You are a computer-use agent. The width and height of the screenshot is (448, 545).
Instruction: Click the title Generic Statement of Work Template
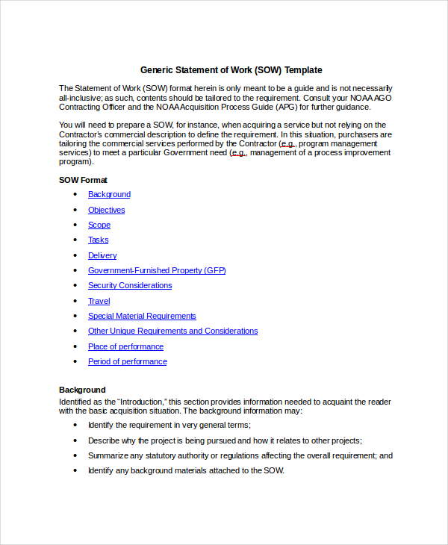pyautogui.click(x=231, y=70)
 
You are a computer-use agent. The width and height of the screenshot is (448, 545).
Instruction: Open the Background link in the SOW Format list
pyautogui.click(x=109, y=194)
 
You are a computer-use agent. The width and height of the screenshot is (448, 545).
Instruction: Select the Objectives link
pyautogui.click(x=106, y=210)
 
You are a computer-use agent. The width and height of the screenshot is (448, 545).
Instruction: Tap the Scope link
pyautogui.click(x=99, y=225)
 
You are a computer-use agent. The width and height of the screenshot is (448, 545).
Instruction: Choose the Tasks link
pyautogui.click(x=98, y=240)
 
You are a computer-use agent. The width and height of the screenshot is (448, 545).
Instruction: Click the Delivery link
pyautogui.click(x=102, y=255)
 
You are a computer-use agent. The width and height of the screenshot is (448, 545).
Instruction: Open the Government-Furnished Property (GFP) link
pyautogui.click(x=157, y=270)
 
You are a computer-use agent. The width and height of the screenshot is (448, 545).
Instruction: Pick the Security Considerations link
pyautogui.click(x=130, y=285)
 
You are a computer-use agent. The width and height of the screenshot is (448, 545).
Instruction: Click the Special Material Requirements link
pyautogui.click(x=142, y=316)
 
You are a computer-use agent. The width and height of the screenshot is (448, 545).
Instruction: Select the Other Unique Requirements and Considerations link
pyautogui.click(x=172, y=331)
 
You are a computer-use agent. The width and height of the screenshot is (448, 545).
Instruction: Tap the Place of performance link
pyautogui.click(x=125, y=346)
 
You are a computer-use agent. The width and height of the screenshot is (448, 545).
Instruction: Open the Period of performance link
pyautogui.click(x=127, y=361)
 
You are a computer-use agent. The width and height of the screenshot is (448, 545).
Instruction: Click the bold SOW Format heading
pyautogui.click(x=83, y=180)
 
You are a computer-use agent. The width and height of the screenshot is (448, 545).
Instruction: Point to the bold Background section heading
pyautogui.click(x=82, y=390)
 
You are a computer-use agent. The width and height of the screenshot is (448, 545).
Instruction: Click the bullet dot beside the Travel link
pyautogui.click(x=75, y=301)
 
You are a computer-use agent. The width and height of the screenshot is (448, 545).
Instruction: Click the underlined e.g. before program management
pyautogui.click(x=287, y=143)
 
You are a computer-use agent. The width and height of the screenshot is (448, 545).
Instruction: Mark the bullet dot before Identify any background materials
pyautogui.click(x=75, y=471)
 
